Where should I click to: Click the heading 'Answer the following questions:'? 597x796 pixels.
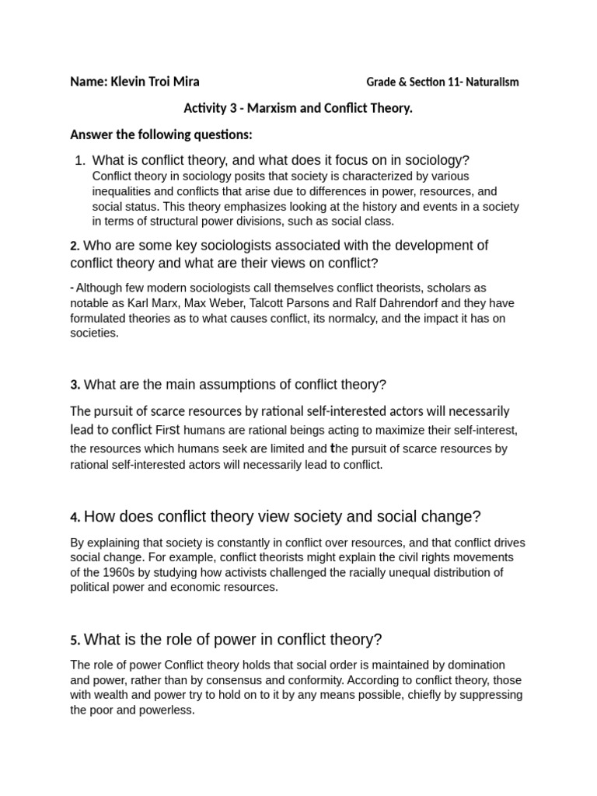tap(161, 134)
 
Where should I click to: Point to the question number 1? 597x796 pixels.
tap(79, 161)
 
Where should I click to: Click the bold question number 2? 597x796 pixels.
tap(74, 246)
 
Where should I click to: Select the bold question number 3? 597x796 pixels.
tap(74, 385)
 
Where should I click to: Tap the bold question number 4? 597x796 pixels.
tap(74, 518)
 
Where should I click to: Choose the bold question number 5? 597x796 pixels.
tap(74, 641)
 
